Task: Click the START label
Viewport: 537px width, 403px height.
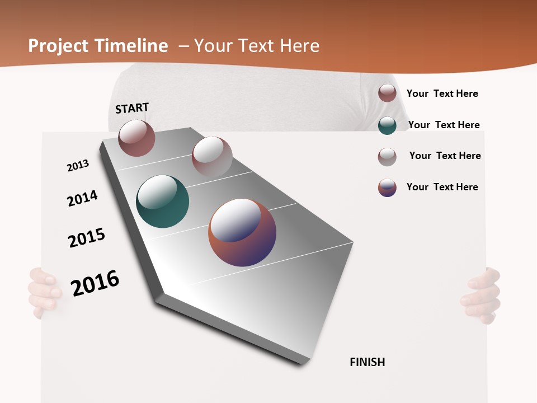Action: click(x=132, y=108)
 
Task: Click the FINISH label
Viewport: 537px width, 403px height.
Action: click(x=367, y=362)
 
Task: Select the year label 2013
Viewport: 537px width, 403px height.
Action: click(x=78, y=166)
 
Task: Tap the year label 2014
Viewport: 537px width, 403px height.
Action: click(x=82, y=199)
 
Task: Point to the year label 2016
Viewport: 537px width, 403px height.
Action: click(x=95, y=283)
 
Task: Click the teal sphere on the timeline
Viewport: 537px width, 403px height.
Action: click(x=162, y=201)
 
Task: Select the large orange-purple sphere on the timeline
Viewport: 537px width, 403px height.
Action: click(x=242, y=232)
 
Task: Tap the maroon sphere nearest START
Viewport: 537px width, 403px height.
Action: click(x=136, y=138)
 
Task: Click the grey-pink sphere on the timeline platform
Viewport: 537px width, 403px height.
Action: click(x=212, y=157)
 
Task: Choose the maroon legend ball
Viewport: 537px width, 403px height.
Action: click(x=387, y=93)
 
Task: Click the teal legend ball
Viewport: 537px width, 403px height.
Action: click(x=387, y=125)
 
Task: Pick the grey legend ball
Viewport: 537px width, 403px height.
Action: click(x=387, y=157)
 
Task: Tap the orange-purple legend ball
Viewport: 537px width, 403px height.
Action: click(x=387, y=188)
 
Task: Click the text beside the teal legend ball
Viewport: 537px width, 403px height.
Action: click(x=444, y=125)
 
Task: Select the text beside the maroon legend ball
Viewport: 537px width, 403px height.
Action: click(x=442, y=93)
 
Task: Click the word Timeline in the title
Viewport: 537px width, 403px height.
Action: click(x=131, y=46)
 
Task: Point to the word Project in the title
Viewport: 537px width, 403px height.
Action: click(x=59, y=46)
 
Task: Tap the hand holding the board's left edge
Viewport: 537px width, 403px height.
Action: click(x=44, y=292)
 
